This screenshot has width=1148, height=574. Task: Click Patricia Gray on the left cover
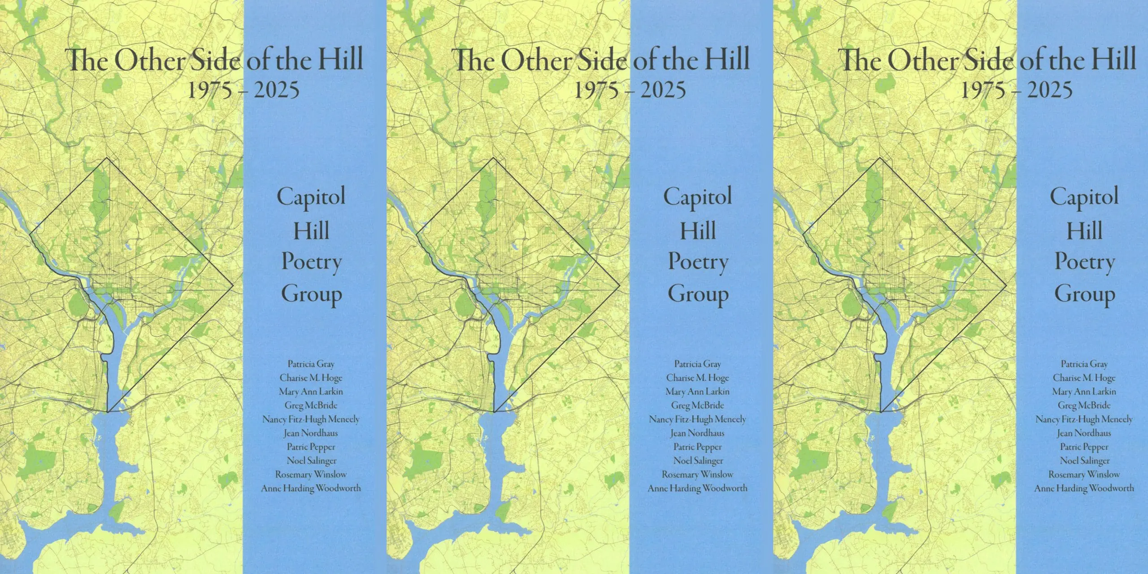(x=311, y=364)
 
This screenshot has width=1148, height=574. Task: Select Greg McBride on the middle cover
(x=697, y=405)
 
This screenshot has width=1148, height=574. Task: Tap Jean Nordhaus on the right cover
(x=1084, y=433)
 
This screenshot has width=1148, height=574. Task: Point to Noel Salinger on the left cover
(x=311, y=461)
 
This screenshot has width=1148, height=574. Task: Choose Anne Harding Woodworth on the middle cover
(x=697, y=488)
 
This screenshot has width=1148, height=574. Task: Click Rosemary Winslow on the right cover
(x=1084, y=474)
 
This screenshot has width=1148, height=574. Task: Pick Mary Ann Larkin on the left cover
(x=311, y=391)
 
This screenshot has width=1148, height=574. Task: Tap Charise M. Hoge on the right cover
(x=1084, y=378)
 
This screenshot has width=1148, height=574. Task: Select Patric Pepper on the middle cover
(x=697, y=447)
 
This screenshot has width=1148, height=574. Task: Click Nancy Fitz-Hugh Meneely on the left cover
(x=311, y=419)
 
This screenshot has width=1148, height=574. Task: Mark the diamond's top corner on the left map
(x=107, y=158)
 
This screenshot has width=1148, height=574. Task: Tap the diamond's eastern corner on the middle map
(x=620, y=285)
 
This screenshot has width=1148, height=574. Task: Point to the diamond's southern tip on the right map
(x=881, y=412)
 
